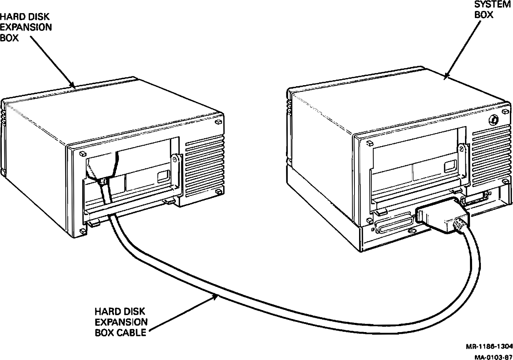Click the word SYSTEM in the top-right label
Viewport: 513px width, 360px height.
pos(492,5)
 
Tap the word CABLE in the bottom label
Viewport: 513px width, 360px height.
pos(132,332)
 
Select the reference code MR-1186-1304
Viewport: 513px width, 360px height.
pos(489,347)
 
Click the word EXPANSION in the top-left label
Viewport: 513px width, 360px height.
pos(26,27)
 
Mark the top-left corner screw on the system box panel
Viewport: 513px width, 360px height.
pos(370,143)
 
